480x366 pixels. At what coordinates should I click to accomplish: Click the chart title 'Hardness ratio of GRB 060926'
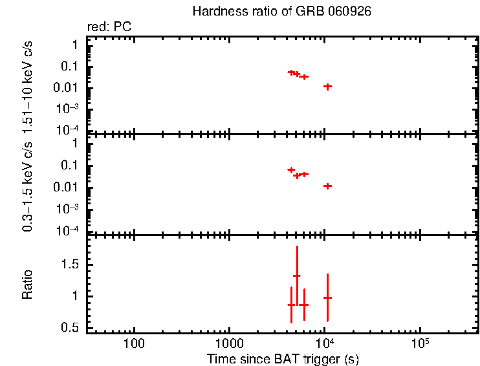click(x=282, y=12)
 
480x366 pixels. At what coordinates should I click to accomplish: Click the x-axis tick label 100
click(x=135, y=342)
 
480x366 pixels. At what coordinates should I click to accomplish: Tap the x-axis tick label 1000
click(x=229, y=342)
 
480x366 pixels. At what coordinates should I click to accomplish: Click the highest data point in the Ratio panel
click(x=297, y=276)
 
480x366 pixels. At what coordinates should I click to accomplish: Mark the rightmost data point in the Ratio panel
click(x=327, y=297)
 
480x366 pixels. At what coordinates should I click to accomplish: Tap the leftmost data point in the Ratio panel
click(x=291, y=305)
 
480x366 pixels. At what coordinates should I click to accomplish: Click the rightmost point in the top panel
click(x=328, y=86)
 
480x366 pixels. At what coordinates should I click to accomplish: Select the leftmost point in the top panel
click(x=291, y=72)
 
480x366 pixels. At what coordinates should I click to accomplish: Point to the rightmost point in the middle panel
click(x=327, y=186)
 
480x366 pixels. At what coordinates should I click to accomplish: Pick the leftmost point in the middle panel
click(x=291, y=169)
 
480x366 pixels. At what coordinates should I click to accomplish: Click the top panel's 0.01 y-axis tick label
click(x=68, y=88)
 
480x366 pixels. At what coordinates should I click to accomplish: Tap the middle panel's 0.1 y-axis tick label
click(x=71, y=166)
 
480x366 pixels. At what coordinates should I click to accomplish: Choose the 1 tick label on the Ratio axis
click(x=75, y=296)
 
